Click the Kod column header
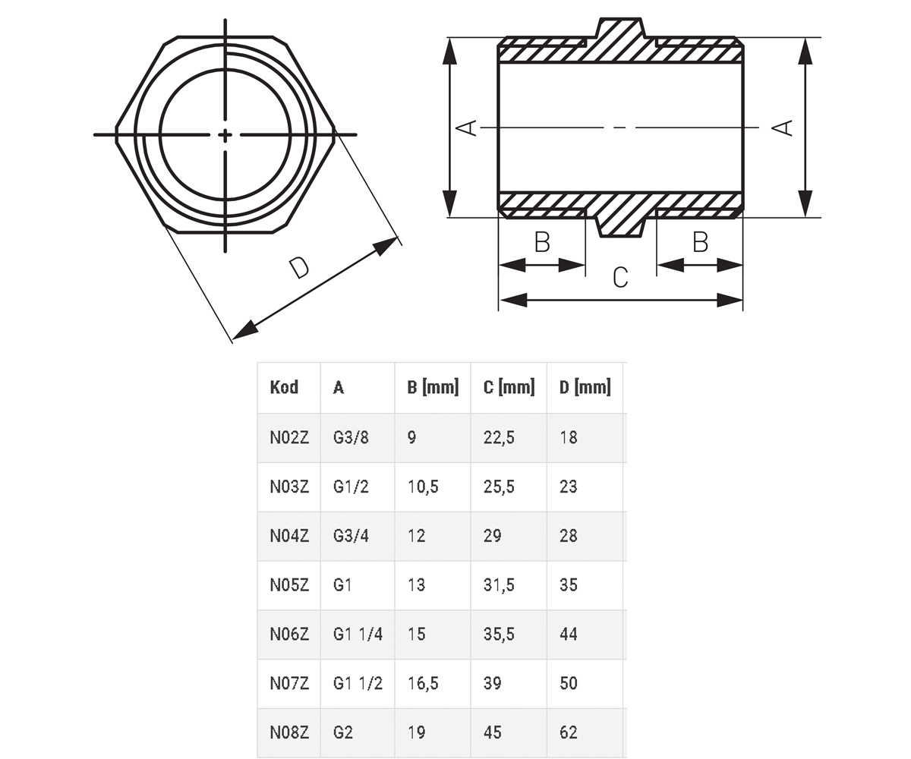tap(284, 387)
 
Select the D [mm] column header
tap(585, 387)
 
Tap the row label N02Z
tap(289, 437)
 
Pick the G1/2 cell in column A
tap(351, 487)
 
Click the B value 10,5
tap(423, 487)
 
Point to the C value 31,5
tap(499, 585)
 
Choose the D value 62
tap(569, 732)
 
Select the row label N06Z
tap(289, 634)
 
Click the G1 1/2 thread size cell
tap(358, 683)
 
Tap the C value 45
tap(493, 732)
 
